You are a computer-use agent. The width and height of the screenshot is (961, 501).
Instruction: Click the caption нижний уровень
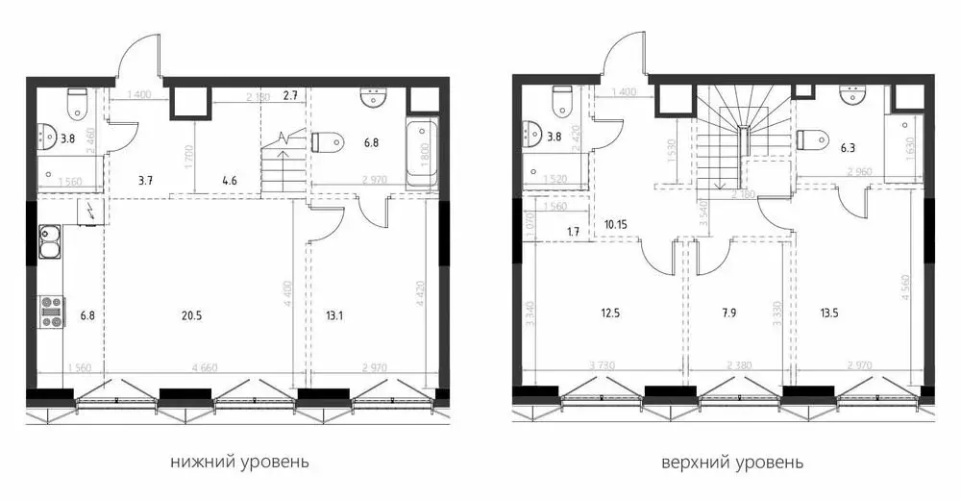239,462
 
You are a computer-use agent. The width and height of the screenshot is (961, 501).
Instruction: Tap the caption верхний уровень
732,462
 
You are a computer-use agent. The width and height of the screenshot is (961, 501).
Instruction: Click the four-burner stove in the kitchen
49,310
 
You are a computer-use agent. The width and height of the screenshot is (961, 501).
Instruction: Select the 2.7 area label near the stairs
292,95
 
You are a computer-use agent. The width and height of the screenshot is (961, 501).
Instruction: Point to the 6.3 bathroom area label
849,150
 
